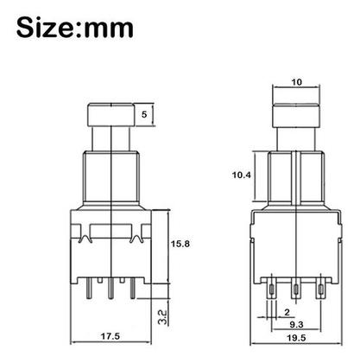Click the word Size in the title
[x=45, y=28]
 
